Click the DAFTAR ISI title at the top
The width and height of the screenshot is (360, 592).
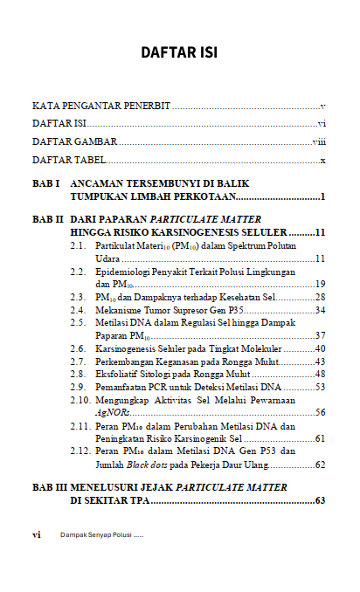[x=179, y=53]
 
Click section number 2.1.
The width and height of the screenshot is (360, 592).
[x=78, y=247]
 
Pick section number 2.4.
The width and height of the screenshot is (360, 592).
[x=78, y=310]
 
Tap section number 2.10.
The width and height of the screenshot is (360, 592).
[x=80, y=400]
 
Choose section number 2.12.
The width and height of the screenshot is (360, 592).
[x=80, y=451]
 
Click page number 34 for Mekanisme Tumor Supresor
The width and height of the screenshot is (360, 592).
[x=320, y=310]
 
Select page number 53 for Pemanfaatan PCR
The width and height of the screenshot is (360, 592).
[x=320, y=387]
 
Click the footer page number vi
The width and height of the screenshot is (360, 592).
[x=37, y=534]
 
